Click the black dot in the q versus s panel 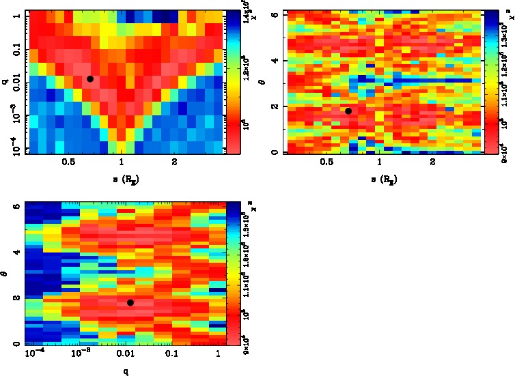click(90, 79)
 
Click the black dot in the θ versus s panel click(348, 111)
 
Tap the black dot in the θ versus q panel click(130, 302)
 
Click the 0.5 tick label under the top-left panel click(68, 162)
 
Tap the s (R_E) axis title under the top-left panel click(122, 179)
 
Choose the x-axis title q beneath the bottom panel click(125, 373)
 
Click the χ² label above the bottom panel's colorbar click(236, 207)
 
